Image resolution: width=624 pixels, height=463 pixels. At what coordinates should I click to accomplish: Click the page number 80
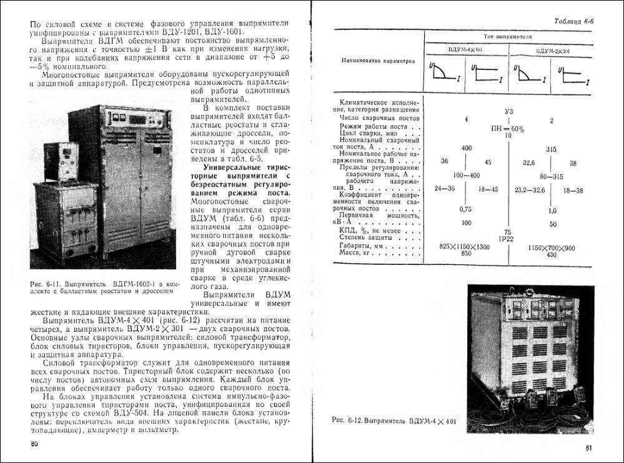point(34,444)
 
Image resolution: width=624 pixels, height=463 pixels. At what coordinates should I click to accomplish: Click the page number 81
point(589,447)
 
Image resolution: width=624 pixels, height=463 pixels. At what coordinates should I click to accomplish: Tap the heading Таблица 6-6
point(574,22)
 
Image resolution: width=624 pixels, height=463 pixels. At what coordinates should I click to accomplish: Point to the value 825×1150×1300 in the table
point(465,248)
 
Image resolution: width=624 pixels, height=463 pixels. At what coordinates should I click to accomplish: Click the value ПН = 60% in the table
point(508,128)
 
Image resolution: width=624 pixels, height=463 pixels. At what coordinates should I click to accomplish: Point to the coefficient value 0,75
point(465,209)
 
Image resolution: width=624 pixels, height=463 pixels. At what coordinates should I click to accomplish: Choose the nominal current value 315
point(551,150)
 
